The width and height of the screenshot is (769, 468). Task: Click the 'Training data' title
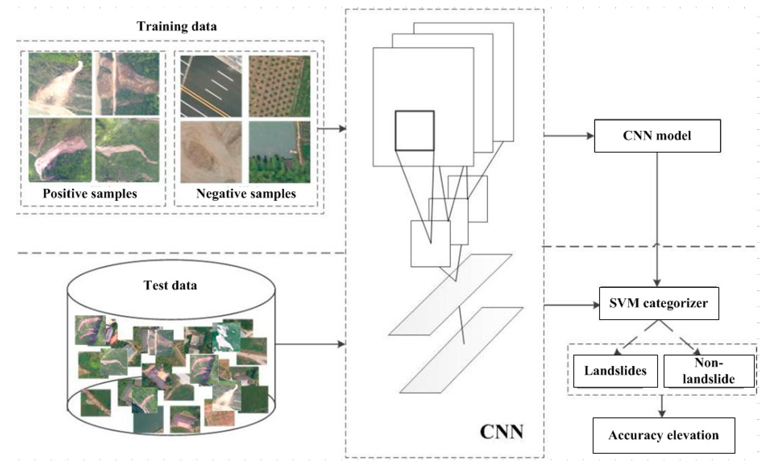tap(177, 26)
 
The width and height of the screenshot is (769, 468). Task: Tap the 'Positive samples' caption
tap(90, 193)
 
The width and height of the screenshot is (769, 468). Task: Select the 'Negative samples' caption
tap(246, 193)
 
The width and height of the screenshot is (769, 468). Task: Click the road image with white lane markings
tap(211, 86)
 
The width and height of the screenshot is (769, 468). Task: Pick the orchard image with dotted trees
tap(279, 86)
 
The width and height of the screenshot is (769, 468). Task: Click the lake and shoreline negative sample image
tap(279, 152)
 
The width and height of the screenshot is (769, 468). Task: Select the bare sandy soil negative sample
tap(211, 152)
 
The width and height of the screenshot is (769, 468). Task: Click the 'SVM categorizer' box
tap(659, 303)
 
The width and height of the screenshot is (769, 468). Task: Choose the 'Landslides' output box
tap(615, 371)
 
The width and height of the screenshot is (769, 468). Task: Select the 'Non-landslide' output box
tap(708, 371)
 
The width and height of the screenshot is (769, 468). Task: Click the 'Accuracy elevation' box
tap(664, 435)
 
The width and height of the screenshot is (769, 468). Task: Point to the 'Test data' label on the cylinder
tap(170, 285)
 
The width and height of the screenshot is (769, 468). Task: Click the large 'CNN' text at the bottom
tap(501, 432)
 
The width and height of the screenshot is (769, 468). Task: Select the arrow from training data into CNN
tap(332, 128)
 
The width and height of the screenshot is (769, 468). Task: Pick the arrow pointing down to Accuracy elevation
tap(662, 406)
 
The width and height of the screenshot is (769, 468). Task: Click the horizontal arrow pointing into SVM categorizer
tap(571, 305)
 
